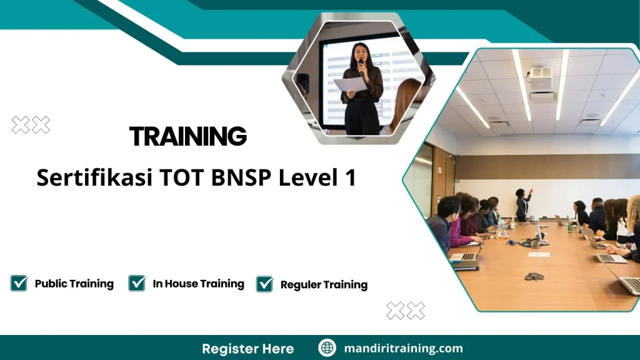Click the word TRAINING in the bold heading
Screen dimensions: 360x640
pos(187,136)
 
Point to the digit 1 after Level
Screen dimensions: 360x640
pos(351,178)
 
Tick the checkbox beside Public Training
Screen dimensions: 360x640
pos(19,283)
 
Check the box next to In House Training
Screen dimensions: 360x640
pos(137,283)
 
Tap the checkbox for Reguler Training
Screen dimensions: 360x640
pos(265,284)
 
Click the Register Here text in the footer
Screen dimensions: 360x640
pos(247,348)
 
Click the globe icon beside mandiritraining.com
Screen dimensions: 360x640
pos(327,348)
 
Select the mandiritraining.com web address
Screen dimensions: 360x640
pos(403,348)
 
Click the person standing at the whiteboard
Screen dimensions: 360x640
pos(522,204)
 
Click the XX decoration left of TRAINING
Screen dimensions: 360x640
pos(31,125)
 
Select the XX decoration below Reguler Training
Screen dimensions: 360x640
pos(405,311)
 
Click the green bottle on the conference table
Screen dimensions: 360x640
pos(569,226)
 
